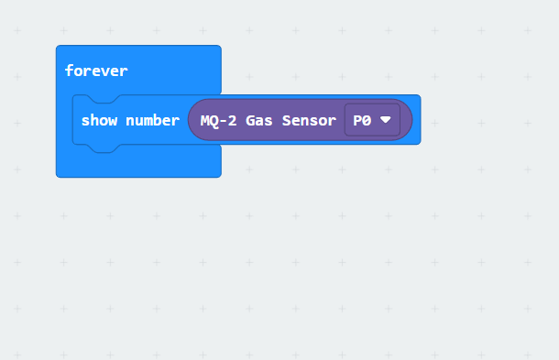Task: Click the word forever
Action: [x=96, y=71]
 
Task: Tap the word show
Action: [x=100, y=121]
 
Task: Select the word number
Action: [x=153, y=121]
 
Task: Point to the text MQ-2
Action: [x=218, y=121]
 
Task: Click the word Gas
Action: [x=259, y=121]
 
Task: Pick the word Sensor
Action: [x=309, y=121]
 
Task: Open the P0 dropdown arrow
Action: [x=386, y=120]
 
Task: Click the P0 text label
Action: [x=362, y=121]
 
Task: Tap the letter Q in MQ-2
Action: [x=214, y=121]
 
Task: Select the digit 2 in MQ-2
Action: [x=232, y=121]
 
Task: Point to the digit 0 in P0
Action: [x=367, y=121]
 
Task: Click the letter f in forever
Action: [x=69, y=71]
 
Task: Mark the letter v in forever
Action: [x=104, y=72]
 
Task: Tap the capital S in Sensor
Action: [x=287, y=121]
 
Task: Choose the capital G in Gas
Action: [x=250, y=121]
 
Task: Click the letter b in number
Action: [x=157, y=121]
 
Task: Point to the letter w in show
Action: [x=113, y=122]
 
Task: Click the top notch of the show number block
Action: [x=104, y=99]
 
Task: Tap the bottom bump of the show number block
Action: [x=104, y=148]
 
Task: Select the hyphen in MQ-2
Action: [x=224, y=122]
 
